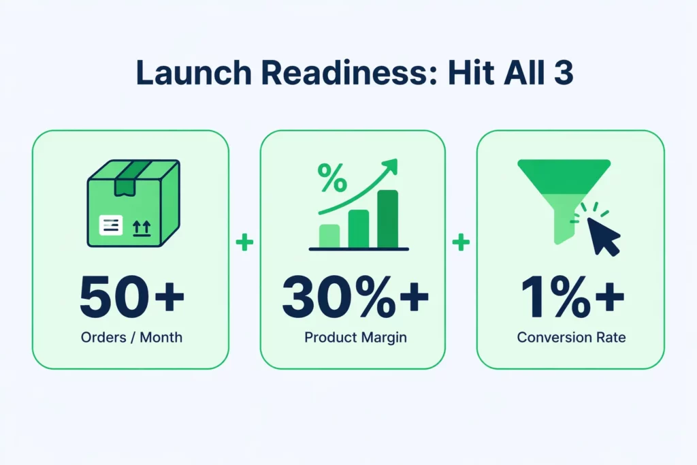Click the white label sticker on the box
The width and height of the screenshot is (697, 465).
click(111, 225)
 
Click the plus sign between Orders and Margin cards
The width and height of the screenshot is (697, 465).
click(244, 242)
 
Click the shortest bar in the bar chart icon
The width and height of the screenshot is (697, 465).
click(329, 236)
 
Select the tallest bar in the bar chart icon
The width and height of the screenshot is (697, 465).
click(387, 219)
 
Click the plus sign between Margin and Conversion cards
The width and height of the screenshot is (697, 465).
click(461, 242)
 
